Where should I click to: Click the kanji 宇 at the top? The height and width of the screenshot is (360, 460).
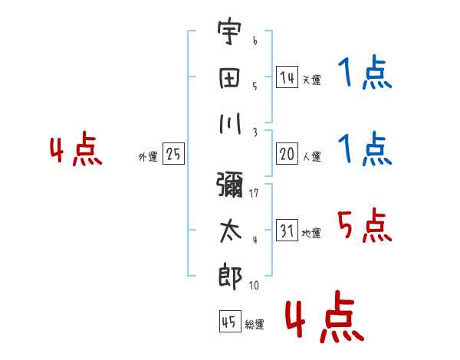click(x=230, y=31)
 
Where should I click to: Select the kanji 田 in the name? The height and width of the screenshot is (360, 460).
click(x=230, y=78)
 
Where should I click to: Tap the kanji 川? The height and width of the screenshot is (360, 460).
click(x=230, y=123)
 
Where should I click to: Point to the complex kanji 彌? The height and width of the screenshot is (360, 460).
click(x=230, y=185)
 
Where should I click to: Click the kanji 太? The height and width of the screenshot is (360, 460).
click(x=231, y=231)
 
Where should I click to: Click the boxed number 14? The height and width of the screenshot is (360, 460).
click(x=287, y=77)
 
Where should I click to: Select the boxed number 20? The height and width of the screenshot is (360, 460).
click(x=287, y=154)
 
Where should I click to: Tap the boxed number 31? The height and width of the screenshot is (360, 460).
click(x=287, y=230)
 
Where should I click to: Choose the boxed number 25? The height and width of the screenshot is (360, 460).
click(x=173, y=154)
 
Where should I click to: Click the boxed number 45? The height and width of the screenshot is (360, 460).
click(x=230, y=321)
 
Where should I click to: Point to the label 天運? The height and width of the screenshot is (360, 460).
click(x=312, y=80)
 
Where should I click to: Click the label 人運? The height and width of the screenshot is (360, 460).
click(x=312, y=156)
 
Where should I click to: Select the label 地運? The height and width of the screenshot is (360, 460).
click(x=311, y=233)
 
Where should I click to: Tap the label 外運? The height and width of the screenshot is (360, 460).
click(x=148, y=157)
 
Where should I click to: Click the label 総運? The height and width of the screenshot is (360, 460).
click(x=255, y=325)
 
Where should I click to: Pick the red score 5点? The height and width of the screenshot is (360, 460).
click(x=365, y=225)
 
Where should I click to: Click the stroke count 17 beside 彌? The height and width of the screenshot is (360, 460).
click(x=254, y=193)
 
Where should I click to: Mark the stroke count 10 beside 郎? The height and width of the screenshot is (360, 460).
click(x=254, y=285)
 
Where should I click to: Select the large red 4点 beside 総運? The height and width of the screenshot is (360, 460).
click(x=325, y=316)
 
